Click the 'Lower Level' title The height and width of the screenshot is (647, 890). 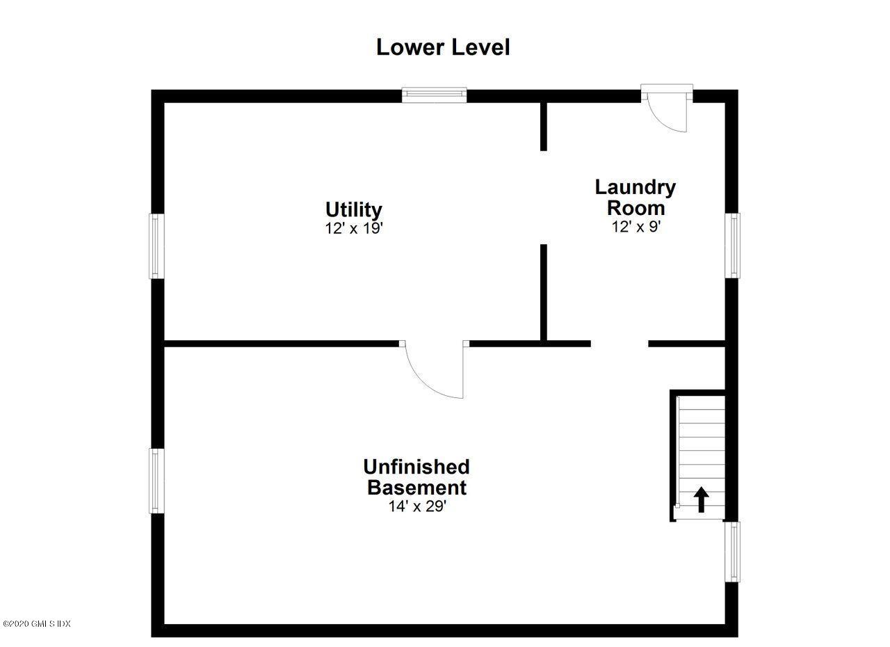click(x=443, y=47)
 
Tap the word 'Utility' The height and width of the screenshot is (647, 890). click(x=354, y=209)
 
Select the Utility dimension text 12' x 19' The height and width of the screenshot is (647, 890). click(x=354, y=228)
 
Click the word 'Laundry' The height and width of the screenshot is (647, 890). click(x=635, y=188)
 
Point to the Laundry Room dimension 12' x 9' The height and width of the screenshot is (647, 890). click(x=636, y=227)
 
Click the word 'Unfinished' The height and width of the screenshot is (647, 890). click(x=416, y=467)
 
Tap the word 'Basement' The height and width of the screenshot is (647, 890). click(x=416, y=487)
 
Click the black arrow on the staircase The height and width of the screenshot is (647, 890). click(x=702, y=500)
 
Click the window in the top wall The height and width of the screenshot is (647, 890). click(x=434, y=95)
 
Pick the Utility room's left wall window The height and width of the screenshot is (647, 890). click(x=156, y=246)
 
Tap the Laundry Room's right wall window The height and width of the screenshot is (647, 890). click(x=732, y=246)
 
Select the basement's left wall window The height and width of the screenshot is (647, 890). click(x=156, y=481)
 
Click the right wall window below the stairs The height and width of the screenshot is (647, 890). click(x=732, y=552)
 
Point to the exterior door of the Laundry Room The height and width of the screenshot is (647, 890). click(x=667, y=108)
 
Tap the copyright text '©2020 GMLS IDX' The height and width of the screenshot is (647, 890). click(x=37, y=623)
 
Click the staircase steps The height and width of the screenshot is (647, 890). click(x=700, y=458)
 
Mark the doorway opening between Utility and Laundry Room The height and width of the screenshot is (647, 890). click(x=544, y=198)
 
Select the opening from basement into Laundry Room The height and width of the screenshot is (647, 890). click(x=620, y=344)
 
